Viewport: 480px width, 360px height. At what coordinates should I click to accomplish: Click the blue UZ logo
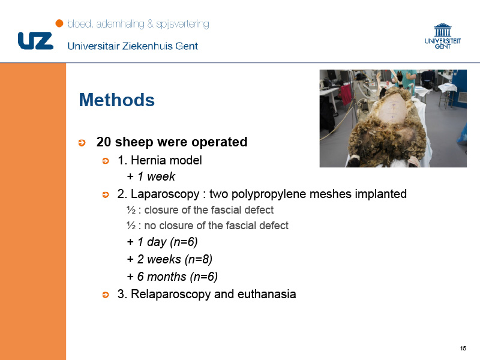click(x=35, y=41)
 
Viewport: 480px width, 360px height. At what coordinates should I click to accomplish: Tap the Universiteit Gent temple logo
click(x=443, y=36)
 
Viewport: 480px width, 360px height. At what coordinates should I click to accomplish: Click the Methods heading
click(x=116, y=100)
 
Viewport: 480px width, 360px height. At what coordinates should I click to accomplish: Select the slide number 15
click(x=463, y=349)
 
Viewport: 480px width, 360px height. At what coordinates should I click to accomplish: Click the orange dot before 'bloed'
click(x=59, y=23)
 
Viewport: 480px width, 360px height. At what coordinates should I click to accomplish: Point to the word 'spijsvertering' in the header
click(x=183, y=24)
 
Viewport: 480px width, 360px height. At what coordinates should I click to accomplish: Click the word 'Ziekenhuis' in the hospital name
click(x=148, y=46)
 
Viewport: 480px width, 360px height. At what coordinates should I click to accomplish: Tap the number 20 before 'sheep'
click(x=103, y=142)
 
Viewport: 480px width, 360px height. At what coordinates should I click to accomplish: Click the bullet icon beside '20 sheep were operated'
click(x=82, y=143)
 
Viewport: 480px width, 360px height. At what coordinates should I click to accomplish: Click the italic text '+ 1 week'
click(x=151, y=176)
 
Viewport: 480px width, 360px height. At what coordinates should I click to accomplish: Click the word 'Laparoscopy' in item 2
click(x=165, y=194)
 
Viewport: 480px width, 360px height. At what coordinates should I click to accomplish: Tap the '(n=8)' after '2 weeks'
click(x=199, y=259)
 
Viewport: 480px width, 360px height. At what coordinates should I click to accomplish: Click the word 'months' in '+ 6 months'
click(x=167, y=277)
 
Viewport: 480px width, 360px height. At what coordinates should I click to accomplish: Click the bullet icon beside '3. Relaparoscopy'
click(x=106, y=295)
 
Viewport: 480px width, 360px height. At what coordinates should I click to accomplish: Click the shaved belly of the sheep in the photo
click(x=394, y=110)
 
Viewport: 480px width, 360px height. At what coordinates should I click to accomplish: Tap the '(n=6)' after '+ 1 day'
click(x=184, y=242)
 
